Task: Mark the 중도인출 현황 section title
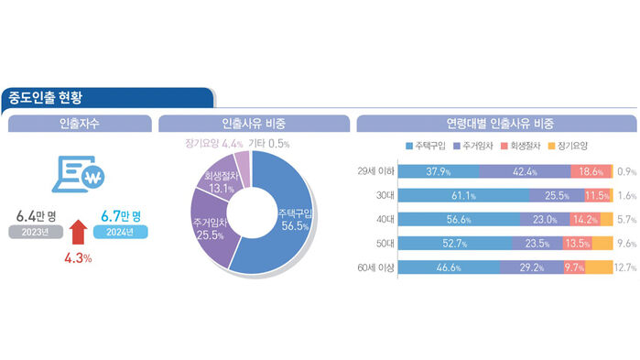(x=53, y=98)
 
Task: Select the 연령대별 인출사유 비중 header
(x=493, y=123)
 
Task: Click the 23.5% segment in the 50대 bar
(x=537, y=244)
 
